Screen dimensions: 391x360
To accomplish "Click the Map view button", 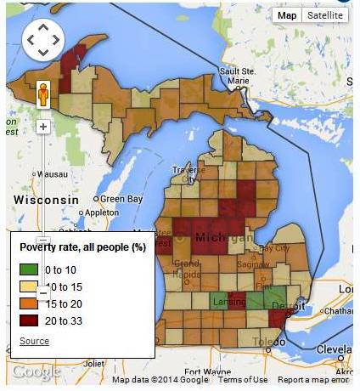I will [x=287, y=15].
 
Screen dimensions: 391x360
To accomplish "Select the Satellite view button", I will [x=324, y=15].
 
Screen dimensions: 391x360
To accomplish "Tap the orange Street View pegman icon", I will [x=42, y=94].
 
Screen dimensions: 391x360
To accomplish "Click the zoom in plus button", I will [x=42, y=127].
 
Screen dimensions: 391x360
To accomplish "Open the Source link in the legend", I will [x=34, y=341].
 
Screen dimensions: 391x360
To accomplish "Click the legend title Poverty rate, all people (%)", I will [x=82, y=247].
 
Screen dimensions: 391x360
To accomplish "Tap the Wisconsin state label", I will [x=46, y=199].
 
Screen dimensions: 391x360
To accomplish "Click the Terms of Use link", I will [x=243, y=380].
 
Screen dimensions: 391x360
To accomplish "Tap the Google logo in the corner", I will [x=36, y=372].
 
